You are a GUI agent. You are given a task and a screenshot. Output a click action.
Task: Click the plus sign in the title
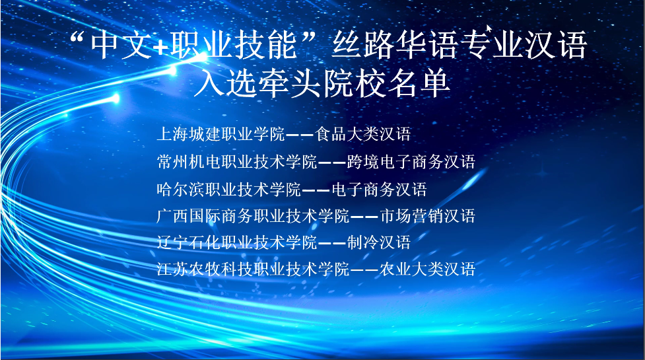pyautogui.click(x=161, y=47)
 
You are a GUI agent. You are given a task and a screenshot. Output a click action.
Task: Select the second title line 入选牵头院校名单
pyautogui.click(x=322, y=83)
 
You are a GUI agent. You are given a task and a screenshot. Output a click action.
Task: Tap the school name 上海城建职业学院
pyautogui.click(x=221, y=134)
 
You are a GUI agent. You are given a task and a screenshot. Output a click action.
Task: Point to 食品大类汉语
pyautogui.click(x=363, y=134)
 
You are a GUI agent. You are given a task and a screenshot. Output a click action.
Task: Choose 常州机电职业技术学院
pyautogui.click(x=236, y=162)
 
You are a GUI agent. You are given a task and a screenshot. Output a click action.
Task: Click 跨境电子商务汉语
pyautogui.click(x=411, y=162)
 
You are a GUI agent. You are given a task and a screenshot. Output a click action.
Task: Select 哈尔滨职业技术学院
pyautogui.click(x=228, y=190)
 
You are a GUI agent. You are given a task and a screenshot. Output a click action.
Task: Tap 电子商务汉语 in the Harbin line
pyautogui.click(x=379, y=190)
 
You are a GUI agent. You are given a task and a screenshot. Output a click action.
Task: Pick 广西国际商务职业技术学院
pyautogui.click(x=253, y=216)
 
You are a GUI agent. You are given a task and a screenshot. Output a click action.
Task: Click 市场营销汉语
pyautogui.click(x=427, y=216)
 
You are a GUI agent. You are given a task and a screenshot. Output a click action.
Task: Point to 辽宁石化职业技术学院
pyautogui.click(x=236, y=242)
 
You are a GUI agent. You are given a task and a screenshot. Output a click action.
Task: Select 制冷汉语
pyautogui.click(x=379, y=242)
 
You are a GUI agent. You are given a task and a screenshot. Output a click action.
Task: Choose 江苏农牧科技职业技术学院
pyautogui.click(x=253, y=269)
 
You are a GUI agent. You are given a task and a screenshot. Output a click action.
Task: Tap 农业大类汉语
pyautogui.click(x=427, y=269)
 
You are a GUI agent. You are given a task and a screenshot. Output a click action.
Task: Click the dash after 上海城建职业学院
pyautogui.click(x=300, y=135)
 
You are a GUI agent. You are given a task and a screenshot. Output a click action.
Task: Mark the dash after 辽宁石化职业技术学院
pyautogui.click(x=331, y=242)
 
